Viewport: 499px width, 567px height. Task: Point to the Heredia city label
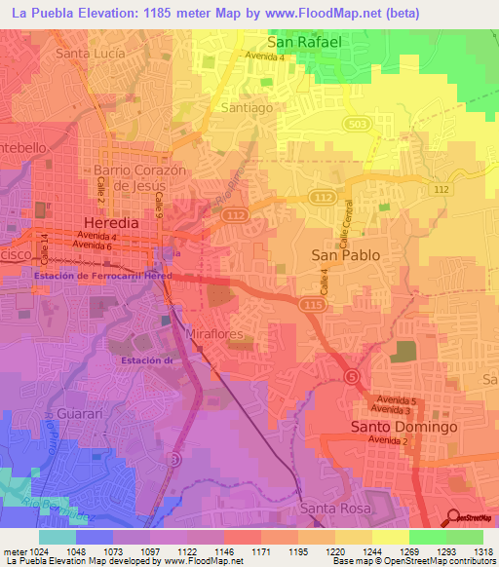pos(112,222)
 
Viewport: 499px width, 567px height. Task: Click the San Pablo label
pos(345,254)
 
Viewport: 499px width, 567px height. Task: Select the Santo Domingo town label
pos(403,428)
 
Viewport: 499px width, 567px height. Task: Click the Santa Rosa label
pos(332,509)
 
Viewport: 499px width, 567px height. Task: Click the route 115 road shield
pos(312,305)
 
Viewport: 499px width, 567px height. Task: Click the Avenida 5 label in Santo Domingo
pos(399,401)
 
